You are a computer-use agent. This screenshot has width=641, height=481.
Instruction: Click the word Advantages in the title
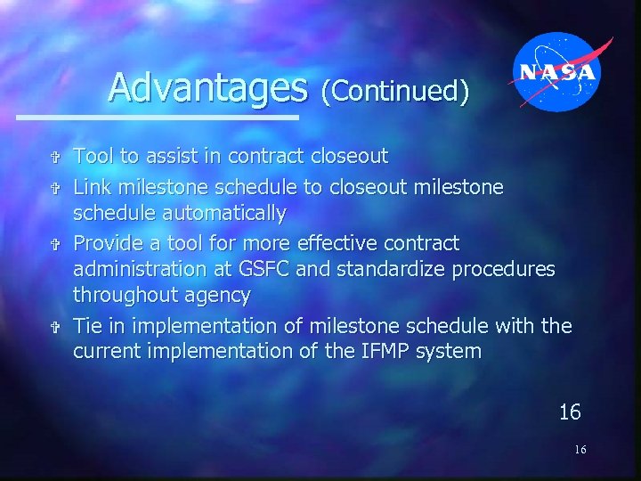[x=207, y=88]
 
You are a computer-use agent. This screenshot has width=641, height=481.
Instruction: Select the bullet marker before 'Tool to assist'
[x=55, y=158]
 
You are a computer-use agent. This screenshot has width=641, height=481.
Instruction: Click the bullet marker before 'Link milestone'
[x=55, y=187]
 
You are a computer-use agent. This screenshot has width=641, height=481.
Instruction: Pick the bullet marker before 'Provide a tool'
[x=55, y=244]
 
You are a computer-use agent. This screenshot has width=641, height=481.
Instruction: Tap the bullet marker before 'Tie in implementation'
[x=55, y=326]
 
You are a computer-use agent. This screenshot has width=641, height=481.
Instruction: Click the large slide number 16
[x=570, y=412]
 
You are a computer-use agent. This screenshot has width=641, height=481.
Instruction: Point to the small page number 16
[x=580, y=450]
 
